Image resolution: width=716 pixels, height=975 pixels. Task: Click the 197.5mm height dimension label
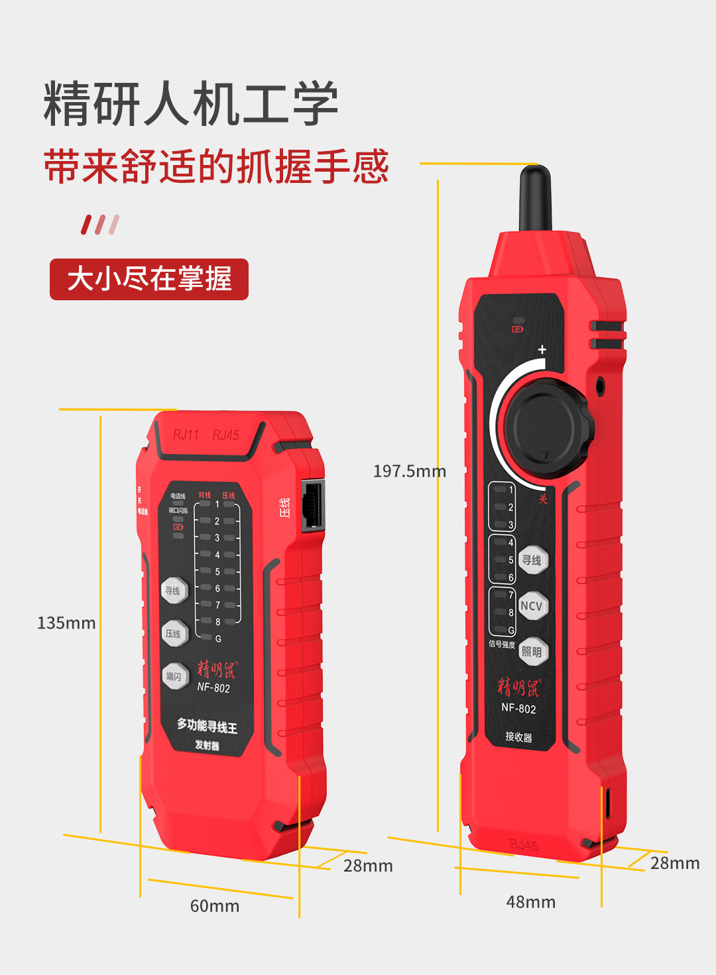[x=409, y=471]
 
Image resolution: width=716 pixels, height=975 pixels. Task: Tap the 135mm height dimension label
[x=66, y=623]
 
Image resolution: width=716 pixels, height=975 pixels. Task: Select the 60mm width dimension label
[x=215, y=906]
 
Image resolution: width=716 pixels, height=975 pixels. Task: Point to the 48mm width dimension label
[x=531, y=902]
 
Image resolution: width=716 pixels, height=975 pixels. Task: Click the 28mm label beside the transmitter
[x=368, y=866]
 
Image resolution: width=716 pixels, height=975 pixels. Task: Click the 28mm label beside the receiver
[x=675, y=863]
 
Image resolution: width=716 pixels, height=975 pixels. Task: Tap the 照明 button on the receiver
[x=532, y=652]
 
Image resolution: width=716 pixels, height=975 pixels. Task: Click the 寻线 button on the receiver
[x=532, y=560]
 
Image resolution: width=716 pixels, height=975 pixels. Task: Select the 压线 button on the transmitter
[x=174, y=634]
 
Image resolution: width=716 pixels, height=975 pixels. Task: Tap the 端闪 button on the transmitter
[x=174, y=676]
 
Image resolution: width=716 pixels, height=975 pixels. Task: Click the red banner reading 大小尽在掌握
[x=149, y=279]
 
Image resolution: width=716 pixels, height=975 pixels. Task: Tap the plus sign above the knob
[x=542, y=349]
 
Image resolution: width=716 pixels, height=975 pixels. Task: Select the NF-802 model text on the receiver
[x=518, y=708]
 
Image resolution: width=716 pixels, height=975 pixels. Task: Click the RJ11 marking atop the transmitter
[x=186, y=435]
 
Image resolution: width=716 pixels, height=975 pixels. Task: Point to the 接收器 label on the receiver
[x=518, y=737]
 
